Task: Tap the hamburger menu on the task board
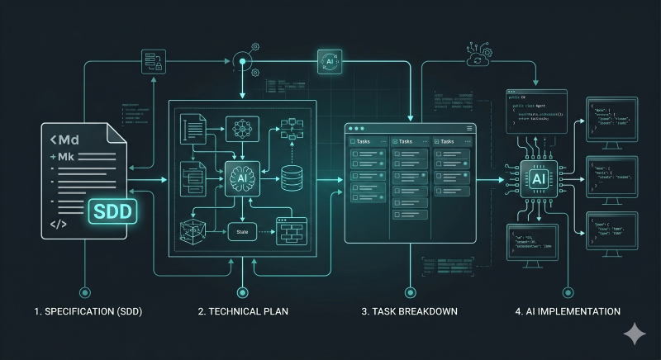pos(470,128)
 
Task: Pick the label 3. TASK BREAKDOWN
pos(409,312)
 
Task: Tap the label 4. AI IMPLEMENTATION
pos(568,312)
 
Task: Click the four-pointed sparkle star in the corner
pos(635,333)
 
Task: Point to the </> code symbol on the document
pos(58,224)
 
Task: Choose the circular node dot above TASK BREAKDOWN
pos(409,291)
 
